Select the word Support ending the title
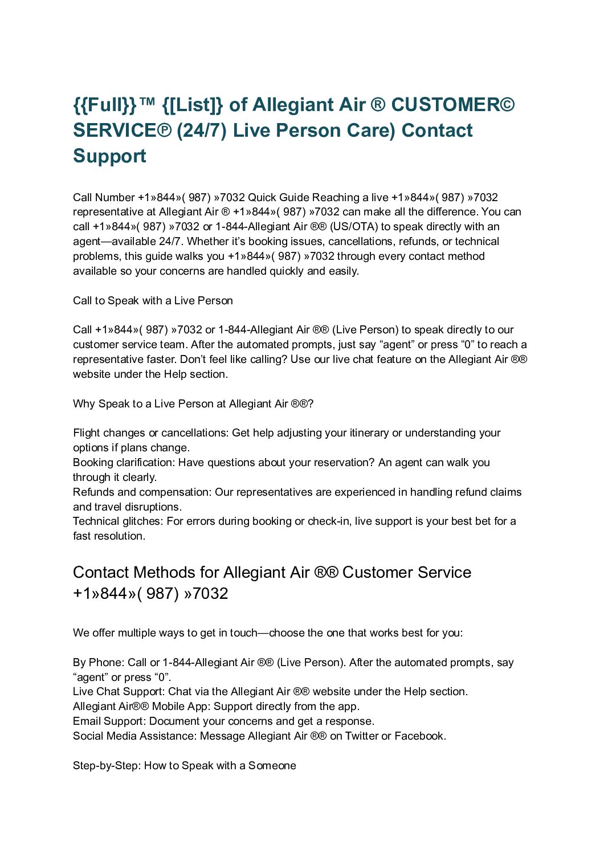[109, 156]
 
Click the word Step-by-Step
[106, 766]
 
